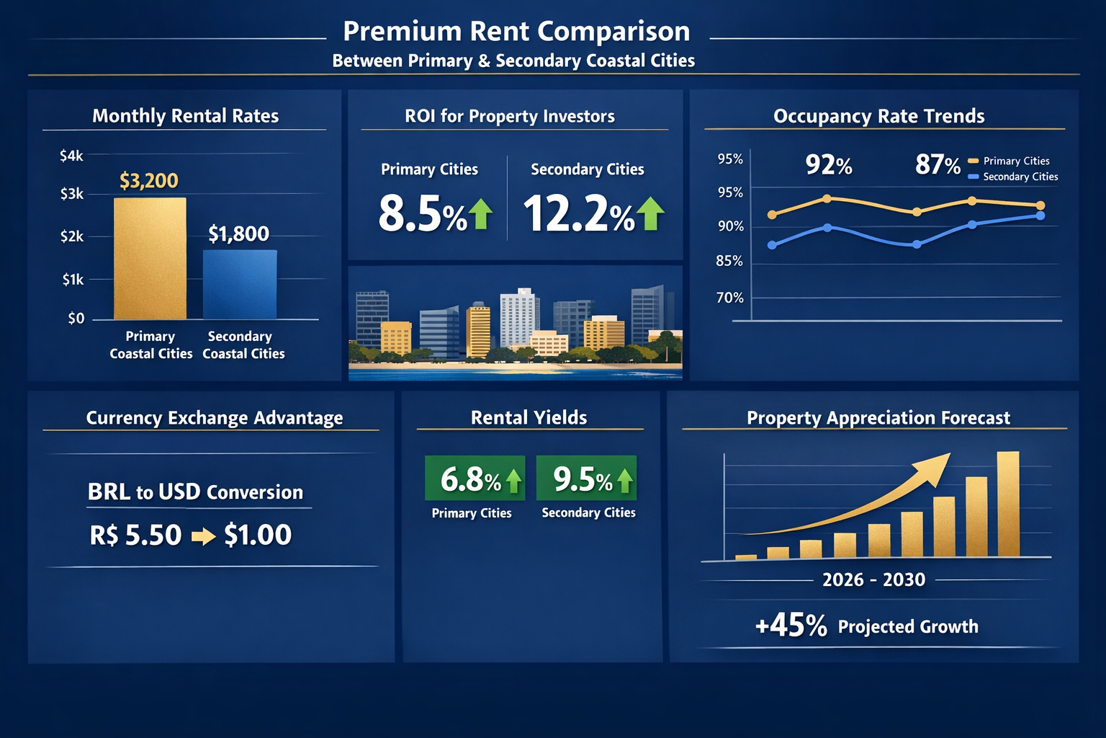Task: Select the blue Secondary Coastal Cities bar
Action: [x=240, y=285]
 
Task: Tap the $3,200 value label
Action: [x=149, y=181]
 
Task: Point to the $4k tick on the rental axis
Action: [x=71, y=156]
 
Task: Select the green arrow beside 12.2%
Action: [x=650, y=213]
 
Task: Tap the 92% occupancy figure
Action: [x=828, y=165]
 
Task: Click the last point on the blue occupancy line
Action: [x=1040, y=215]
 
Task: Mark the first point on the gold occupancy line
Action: [x=773, y=215]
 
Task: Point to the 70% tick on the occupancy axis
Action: [x=729, y=298]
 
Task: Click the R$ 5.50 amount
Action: [x=135, y=535]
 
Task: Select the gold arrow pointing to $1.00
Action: [x=204, y=536]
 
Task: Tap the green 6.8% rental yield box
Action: [x=475, y=479]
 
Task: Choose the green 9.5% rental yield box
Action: [x=586, y=479]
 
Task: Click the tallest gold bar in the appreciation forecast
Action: [x=1008, y=504]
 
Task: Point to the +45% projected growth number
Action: [x=791, y=626]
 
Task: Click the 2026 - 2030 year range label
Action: [x=873, y=580]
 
